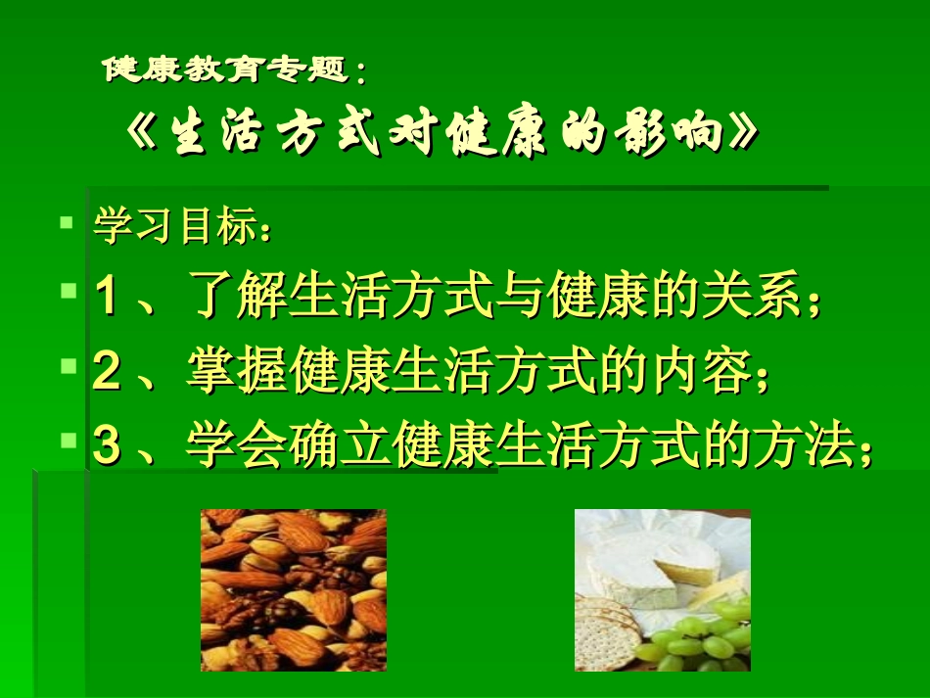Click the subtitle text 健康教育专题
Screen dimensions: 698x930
[x=226, y=70]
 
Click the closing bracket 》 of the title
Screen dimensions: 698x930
[x=741, y=135]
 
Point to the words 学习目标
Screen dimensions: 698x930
[x=173, y=227]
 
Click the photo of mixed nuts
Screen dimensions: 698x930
[x=293, y=589]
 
